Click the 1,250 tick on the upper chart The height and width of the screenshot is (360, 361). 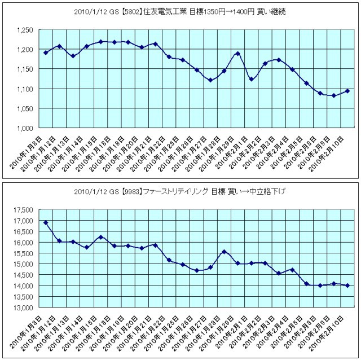pyautogui.click(x=24, y=30)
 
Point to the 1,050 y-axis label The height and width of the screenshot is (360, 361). pyautogui.click(x=24, y=108)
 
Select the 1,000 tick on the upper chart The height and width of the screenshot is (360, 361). pyautogui.click(x=24, y=128)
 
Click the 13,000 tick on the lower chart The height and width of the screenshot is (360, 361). pyautogui.click(x=23, y=308)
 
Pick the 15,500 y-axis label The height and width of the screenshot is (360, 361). pyautogui.click(x=23, y=253)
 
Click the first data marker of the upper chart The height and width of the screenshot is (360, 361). pyautogui.click(x=46, y=52)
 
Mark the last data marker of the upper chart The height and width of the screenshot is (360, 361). pyautogui.click(x=347, y=91)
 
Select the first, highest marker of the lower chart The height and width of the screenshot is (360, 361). pyautogui.click(x=46, y=223)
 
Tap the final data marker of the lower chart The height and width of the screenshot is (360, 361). pyautogui.click(x=347, y=286)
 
